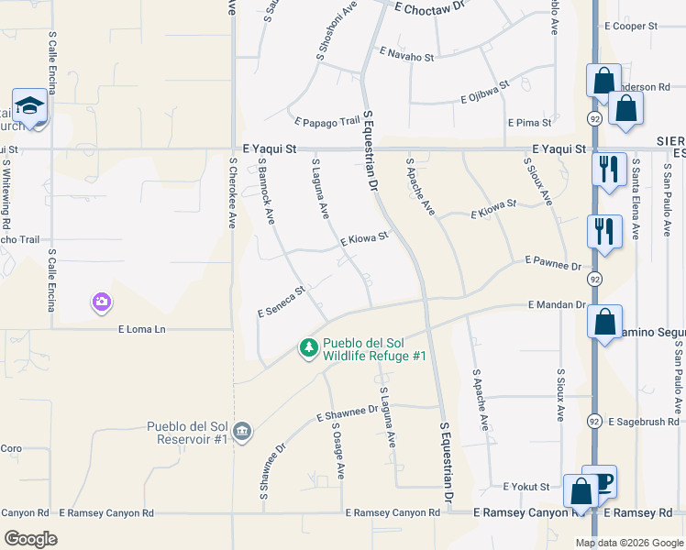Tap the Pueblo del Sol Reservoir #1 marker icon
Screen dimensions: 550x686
coord(242,431)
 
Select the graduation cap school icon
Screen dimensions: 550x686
coord(29,105)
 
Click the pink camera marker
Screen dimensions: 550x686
coord(102,301)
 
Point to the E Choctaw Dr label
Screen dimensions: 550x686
coord(431,6)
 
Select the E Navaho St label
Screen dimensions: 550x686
coord(405,56)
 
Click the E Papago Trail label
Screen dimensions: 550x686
coord(327,121)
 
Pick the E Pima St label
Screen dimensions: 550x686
coord(529,122)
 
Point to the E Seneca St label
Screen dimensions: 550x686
coord(281,301)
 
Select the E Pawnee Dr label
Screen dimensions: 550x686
coord(554,263)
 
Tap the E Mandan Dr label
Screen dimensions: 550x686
coord(557,305)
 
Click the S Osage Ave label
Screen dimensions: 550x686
coord(338,450)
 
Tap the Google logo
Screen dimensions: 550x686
coord(31,538)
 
